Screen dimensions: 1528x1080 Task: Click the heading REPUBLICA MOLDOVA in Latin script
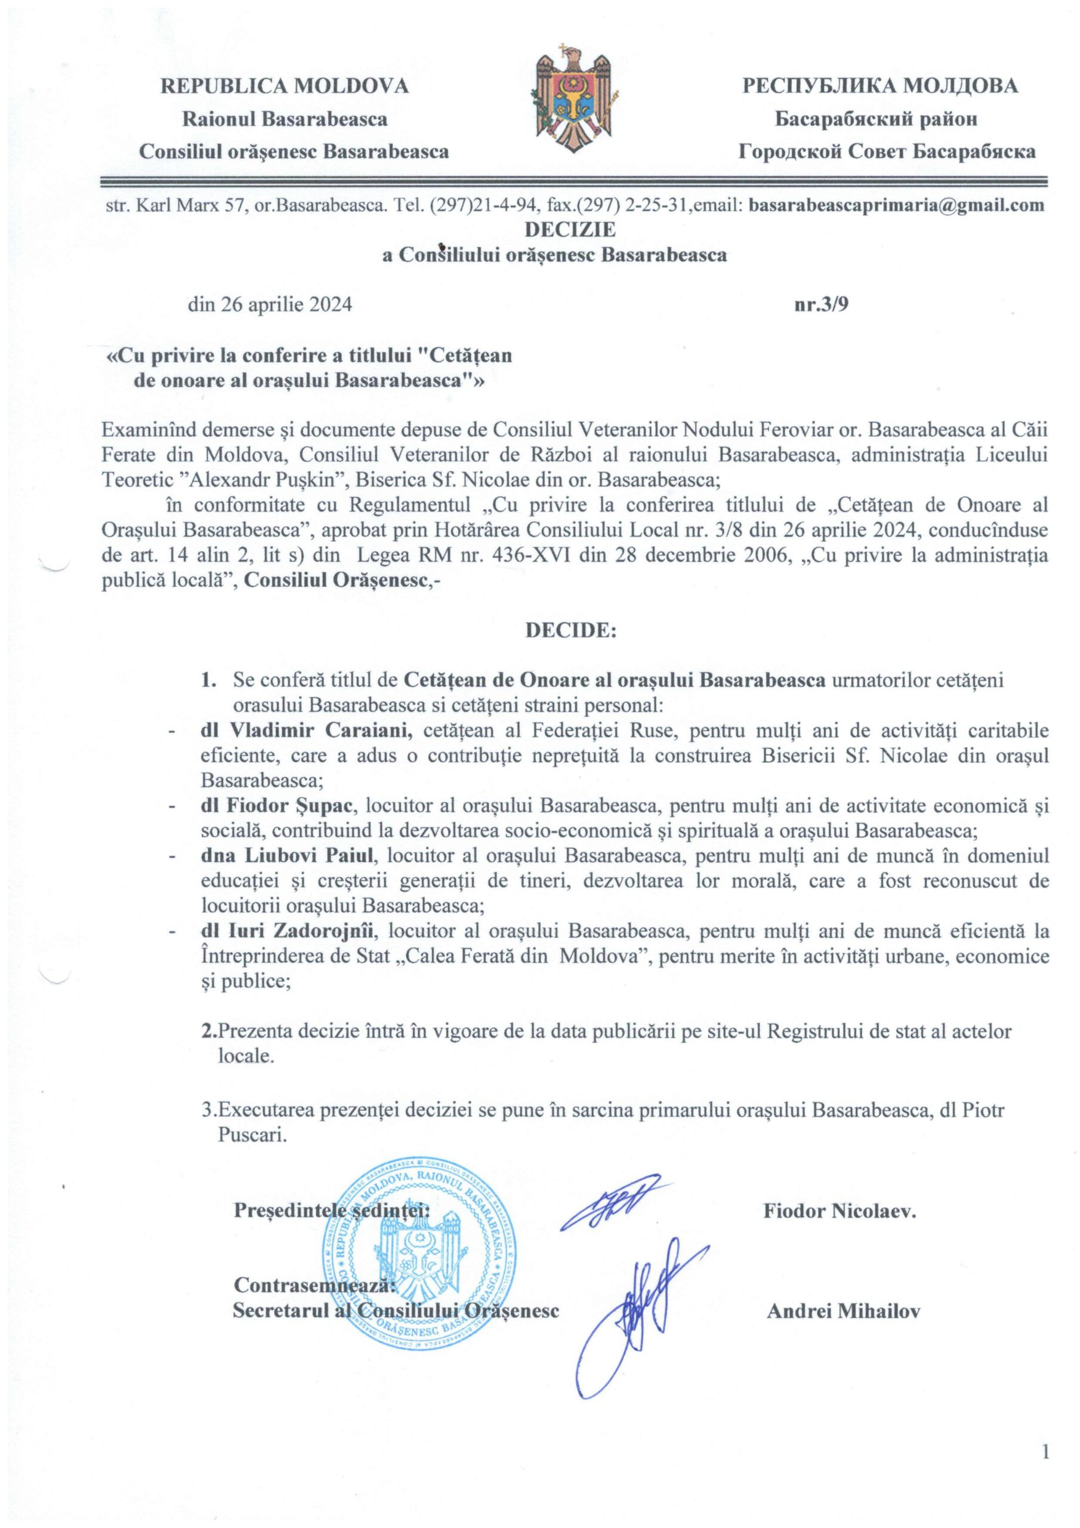(285, 86)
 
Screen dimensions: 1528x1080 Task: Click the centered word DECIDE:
(572, 631)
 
